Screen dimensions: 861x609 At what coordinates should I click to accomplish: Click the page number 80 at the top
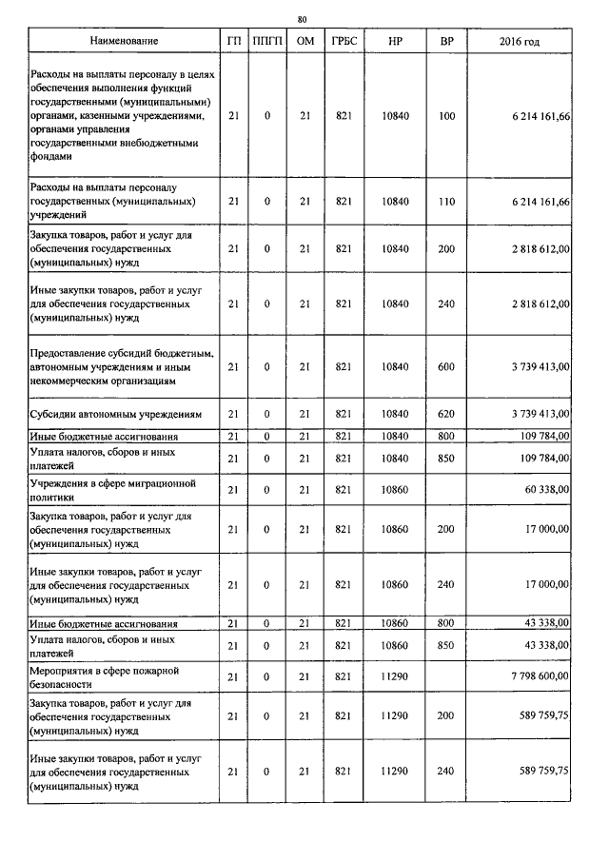pyautogui.click(x=302, y=19)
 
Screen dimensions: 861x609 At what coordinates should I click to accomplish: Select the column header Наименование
pyautogui.click(x=124, y=42)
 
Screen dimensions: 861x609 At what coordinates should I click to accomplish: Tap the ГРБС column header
pyautogui.click(x=344, y=42)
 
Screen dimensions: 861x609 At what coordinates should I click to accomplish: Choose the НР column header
pyautogui.click(x=395, y=42)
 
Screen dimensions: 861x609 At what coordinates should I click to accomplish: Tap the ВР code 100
pyautogui.click(x=446, y=115)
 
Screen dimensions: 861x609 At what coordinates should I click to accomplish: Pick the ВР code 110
pyautogui.click(x=446, y=203)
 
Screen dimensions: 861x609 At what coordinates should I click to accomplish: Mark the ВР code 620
pyautogui.click(x=446, y=414)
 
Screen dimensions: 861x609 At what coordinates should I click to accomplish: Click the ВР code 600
pyautogui.click(x=446, y=366)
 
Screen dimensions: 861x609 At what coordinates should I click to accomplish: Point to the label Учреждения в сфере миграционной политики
pyautogui.click(x=113, y=489)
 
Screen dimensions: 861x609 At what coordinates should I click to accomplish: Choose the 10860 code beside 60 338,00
pyautogui.click(x=395, y=489)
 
